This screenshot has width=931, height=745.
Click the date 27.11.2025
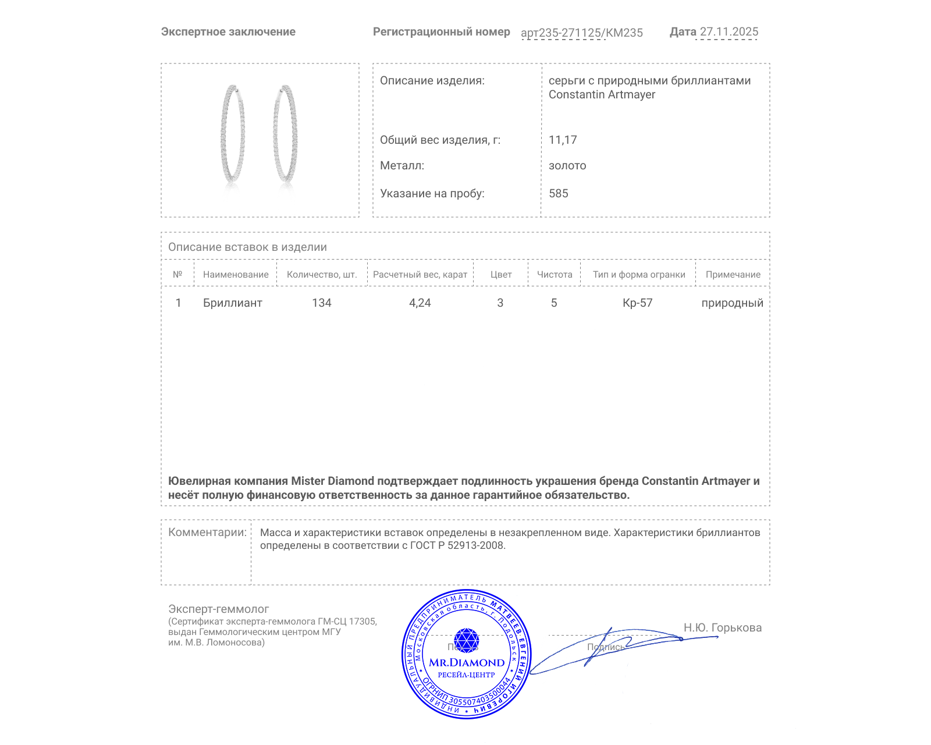[x=729, y=32]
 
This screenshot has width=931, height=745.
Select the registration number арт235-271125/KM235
[x=581, y=33]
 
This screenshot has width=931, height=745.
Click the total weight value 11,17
[x=563, y=140]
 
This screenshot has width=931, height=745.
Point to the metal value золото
[x=567, y=166]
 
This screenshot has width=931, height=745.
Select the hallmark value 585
[x=559, y=193]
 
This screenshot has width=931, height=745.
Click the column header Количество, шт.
[x=322, y=275]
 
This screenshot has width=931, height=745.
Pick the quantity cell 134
[x=322, y=303]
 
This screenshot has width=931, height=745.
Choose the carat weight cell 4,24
[x=420, y=303]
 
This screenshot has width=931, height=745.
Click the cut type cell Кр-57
[x=638, y=303]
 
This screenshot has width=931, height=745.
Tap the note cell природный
[x=732, y=303]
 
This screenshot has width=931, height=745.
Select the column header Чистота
[x=555, y=275]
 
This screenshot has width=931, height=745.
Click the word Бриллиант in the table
[x=233, y=303]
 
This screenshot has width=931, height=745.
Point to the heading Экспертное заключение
[x=228, y=32]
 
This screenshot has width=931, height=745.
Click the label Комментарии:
[x=207, y=532]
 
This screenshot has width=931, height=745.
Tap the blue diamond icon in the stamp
[x=466, y=640]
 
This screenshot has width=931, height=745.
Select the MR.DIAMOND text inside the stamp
[x=467, y=662]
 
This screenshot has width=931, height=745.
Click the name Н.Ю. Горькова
[x=723, y=627]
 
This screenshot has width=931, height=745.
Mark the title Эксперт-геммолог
[x=219, y=609]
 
